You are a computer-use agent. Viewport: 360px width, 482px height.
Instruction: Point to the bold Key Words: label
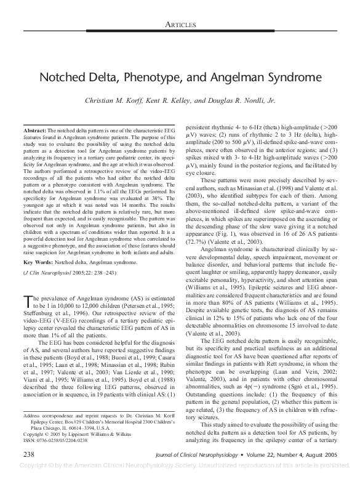38,244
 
